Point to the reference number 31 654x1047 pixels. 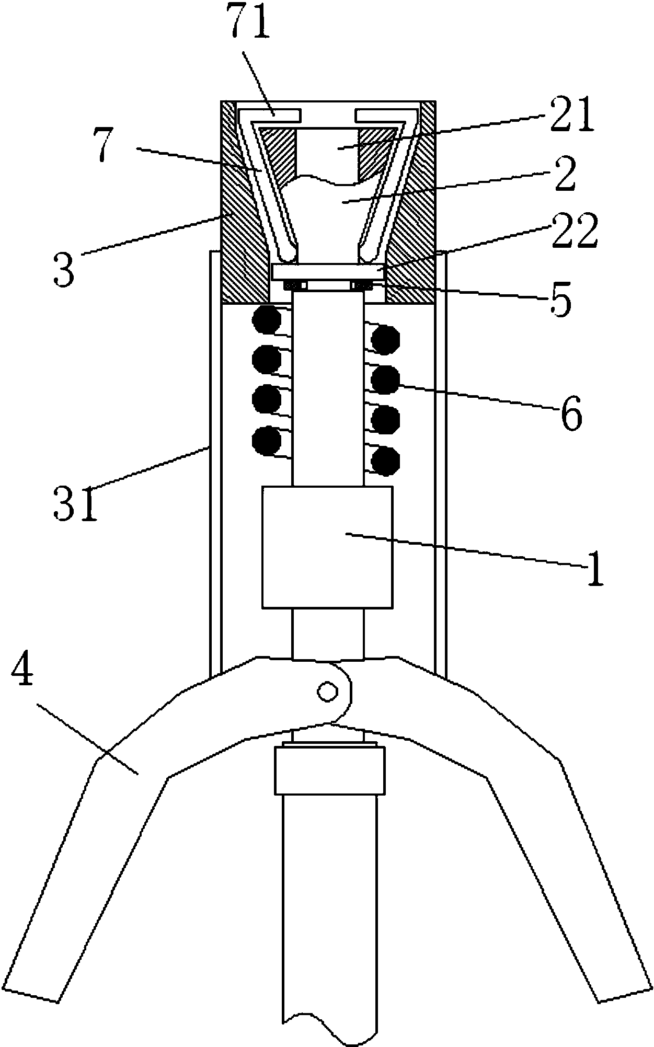click(x=75, y=503)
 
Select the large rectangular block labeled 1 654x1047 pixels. click(x=327, y=547)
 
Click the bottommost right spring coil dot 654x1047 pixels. click(x=385, y=461)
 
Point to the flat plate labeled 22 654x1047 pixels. click(x=328, y=272)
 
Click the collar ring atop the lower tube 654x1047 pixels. click(x=328, y=771)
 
